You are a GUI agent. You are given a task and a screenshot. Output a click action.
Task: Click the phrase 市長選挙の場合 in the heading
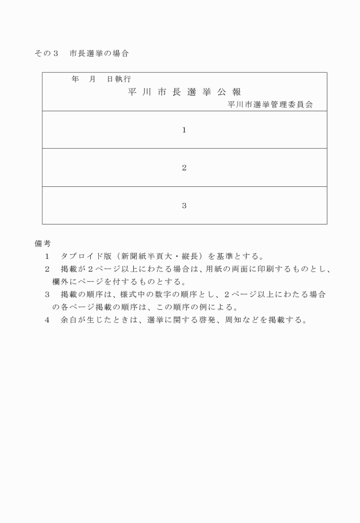click(99, 54)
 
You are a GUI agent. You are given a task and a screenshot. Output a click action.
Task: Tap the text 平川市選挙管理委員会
click(270, 105)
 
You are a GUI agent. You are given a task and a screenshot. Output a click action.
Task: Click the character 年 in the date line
click(75, 79)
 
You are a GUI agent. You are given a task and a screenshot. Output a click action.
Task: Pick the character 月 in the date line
click(92, 79)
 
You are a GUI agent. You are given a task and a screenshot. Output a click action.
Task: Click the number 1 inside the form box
click(184, 130)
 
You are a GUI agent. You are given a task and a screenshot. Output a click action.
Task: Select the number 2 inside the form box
click(184, 167)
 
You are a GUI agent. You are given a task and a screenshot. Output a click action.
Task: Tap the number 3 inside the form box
click(184, 205)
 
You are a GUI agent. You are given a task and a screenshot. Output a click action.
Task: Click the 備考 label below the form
click(43, 243)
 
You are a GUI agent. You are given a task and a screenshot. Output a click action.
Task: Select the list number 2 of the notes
click(47, 269)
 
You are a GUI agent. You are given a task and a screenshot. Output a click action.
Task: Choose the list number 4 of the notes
click(47, 320)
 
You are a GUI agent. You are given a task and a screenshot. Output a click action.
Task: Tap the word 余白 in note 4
click(67, 320)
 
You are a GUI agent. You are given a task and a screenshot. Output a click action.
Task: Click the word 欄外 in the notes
click(59, 281)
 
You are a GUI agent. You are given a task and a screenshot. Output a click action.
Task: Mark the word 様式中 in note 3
click(130, 294)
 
